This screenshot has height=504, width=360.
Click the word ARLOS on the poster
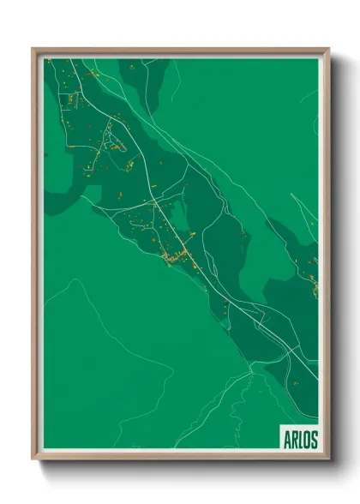[300, 440]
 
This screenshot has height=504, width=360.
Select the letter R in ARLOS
[294, 440]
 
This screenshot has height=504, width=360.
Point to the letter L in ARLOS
[300, 440]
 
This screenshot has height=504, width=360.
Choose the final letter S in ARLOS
[314, 440]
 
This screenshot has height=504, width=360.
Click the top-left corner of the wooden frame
[33, 49]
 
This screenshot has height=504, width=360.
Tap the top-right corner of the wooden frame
[328, 49]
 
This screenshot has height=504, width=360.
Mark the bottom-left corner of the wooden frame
[33, 459]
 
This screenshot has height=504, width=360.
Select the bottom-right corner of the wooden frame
[328, 459]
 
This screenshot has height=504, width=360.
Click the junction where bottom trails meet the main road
[254, 364]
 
